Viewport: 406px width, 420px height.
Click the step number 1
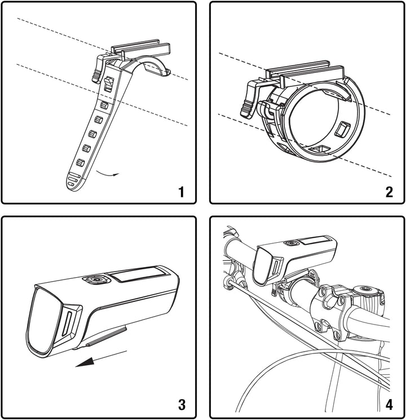182,192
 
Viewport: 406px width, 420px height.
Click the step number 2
389,192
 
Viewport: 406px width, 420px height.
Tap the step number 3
182,404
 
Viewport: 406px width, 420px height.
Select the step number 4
389,404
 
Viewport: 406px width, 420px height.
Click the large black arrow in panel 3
101,358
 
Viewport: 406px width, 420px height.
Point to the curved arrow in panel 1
107,173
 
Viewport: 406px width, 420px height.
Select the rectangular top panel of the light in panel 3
138,274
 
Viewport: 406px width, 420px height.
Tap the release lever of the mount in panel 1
98,68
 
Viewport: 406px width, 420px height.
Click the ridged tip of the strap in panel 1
73,181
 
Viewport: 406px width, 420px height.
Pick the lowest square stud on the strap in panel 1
80,163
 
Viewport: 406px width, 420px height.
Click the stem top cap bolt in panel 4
365,289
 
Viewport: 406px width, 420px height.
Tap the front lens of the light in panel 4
263,266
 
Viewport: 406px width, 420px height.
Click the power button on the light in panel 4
291,243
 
